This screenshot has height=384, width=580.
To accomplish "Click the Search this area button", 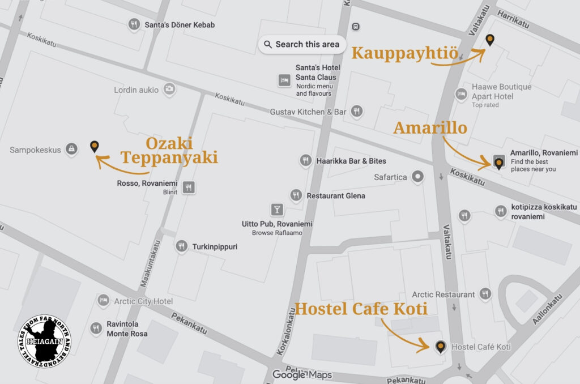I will click(301, 44).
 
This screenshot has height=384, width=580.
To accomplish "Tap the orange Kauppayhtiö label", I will click(404, 53).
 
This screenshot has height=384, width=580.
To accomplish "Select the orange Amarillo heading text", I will click(430, 128).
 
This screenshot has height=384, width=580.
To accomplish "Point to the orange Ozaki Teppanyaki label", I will click(169, 150).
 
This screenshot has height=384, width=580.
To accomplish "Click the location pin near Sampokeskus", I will click(94, 147).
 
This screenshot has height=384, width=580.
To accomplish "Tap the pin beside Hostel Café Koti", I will click(440, 347).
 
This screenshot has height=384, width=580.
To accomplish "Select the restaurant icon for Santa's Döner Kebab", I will click(134, 25).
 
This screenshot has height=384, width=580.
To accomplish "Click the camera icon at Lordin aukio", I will click(169, 89).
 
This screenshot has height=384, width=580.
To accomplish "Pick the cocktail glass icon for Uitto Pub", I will click(277, 210).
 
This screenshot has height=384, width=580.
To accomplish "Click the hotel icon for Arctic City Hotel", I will click(103, 301).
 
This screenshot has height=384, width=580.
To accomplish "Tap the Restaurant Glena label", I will click(335, 196).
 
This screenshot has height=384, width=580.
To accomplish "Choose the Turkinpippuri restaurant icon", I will click(181, 246).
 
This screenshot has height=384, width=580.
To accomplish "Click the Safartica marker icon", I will click(419, 177).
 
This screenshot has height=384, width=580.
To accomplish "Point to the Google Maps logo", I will click(301, 374).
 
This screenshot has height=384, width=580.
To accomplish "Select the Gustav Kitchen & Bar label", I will click(308, 112).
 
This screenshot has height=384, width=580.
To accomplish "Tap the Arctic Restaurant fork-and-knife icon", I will click(485, 295).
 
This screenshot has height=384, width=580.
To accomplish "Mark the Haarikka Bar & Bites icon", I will click(306, 161).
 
